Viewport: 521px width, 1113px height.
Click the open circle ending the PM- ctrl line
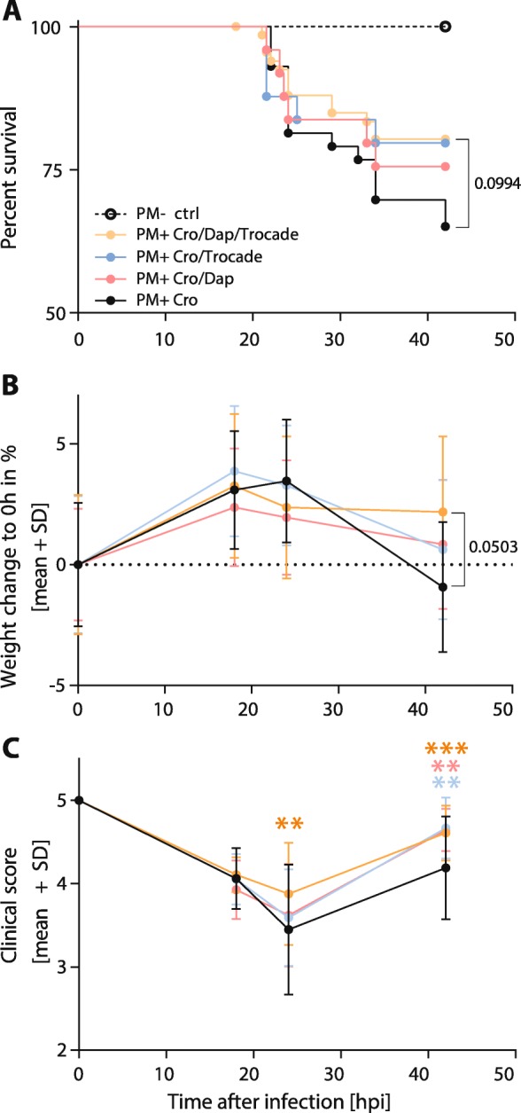[x=445, y=27]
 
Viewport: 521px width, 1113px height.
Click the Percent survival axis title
[x=13, y=169]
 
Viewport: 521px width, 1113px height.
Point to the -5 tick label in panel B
[x=53, y=686]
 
